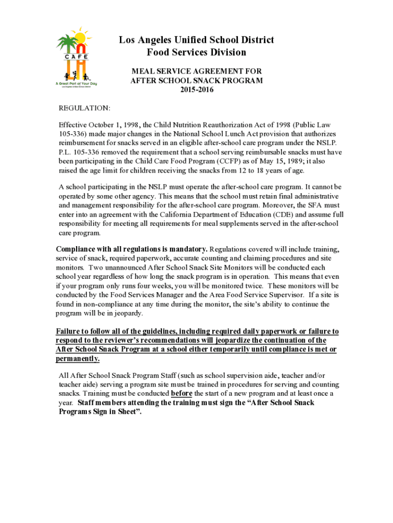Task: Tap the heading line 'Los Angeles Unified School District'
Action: pyautogui.click(x=196, y=40)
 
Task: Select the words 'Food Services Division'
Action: pyautogui.click(x=196, y=52)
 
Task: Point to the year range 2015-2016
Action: pyautogui.click(x=196, y=90)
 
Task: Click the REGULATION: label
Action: pyautogui.click(x=84, y=108)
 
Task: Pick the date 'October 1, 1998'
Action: pyautogui.click(x=115, y=125)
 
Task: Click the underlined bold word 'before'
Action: pyautogui.click(x=181, y=393)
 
